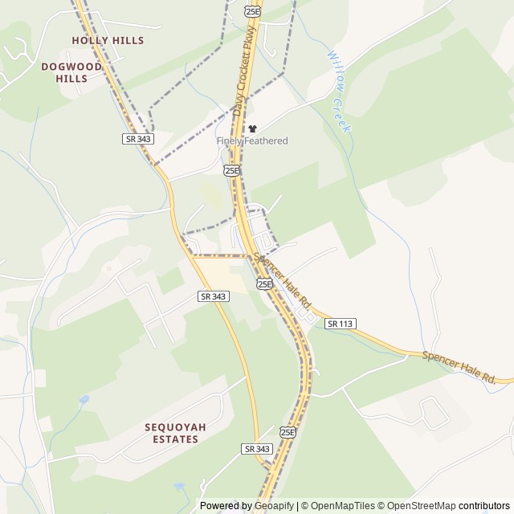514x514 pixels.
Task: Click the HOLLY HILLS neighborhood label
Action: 108,40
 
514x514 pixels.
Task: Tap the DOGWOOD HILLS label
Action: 71,72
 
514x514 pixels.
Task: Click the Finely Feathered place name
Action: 252,141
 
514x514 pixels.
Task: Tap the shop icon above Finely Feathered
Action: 252,128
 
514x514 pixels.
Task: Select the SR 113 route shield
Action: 341,324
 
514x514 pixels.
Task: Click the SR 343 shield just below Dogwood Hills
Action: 138,139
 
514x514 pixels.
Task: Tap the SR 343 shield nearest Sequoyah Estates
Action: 257,448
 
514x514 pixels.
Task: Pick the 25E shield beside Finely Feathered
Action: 232,170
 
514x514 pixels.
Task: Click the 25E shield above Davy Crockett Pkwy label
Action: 253,10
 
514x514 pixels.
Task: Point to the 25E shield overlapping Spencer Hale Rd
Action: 265,284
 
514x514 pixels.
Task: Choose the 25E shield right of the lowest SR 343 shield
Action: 288,431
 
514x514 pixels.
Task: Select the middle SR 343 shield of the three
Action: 213,296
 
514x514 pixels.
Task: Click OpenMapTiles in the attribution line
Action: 342,506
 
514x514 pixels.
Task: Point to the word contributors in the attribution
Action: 484,506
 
